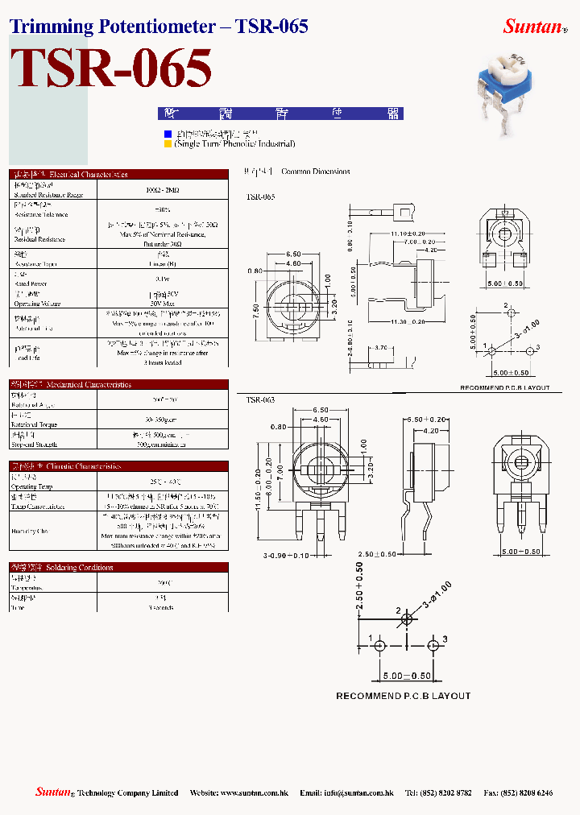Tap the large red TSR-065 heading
pos(112,68)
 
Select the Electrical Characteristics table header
pos(119,174)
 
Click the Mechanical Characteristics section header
pos(119,384)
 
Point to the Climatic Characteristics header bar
pos(119,465)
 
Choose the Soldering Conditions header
pos(119,567)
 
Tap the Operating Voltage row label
pos(35,304)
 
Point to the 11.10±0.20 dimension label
pos(408,233)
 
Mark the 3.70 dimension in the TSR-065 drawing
pos(383,348)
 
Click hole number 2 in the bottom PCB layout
pos(407,618)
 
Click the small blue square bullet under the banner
pos(168,134)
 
